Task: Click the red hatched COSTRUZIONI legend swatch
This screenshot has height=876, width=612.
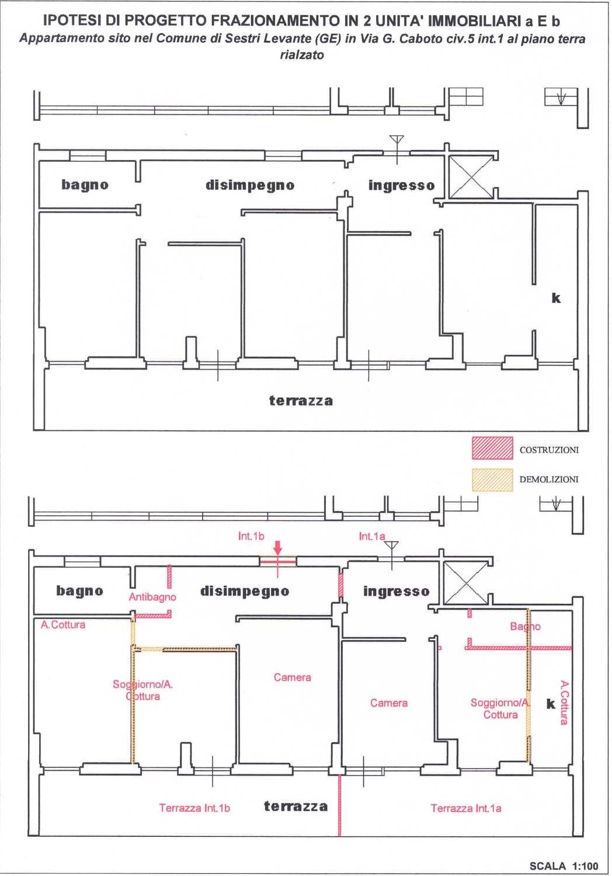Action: (x=492, y=448)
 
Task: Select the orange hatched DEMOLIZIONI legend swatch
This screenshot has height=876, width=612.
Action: (x=492, y=480)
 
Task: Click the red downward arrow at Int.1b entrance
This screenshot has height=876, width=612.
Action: (x=277, y=548)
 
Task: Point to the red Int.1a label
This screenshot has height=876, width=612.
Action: (x=372, y=536)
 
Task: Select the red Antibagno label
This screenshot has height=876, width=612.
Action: (x=152, y=597)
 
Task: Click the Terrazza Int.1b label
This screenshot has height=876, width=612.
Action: (x=194, y=805)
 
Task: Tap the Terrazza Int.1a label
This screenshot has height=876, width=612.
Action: (x=466, y=805)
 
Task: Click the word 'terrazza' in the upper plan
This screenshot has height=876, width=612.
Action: (x=301, y=401)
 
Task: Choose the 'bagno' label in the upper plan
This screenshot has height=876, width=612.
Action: (x=85, y=185)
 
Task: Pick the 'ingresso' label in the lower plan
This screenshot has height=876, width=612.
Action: (x=396, y=592)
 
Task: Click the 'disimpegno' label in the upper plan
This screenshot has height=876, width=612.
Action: (x=250, y=185)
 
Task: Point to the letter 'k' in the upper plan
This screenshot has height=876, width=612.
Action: (x=556, y=298)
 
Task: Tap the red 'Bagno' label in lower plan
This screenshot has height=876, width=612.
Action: (x=525, y=627)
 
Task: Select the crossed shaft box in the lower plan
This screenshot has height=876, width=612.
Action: (x=466, y=583)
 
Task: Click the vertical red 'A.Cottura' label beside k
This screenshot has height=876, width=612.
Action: (x=564, y=703)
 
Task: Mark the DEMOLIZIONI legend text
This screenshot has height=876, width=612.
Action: (x=549, y=479)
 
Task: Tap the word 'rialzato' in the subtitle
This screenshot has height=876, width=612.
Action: (x=302, y=55)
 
